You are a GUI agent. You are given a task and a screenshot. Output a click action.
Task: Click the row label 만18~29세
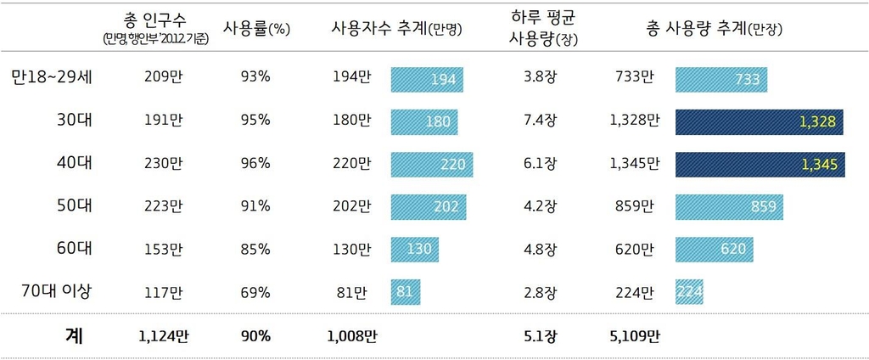[x=53, y=77]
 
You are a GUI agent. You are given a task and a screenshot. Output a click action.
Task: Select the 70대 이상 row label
[x=56, y=292]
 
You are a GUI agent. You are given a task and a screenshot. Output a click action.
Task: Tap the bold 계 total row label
[x=73, y=335]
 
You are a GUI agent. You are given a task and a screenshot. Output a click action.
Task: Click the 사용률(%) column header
[x=256, y=29]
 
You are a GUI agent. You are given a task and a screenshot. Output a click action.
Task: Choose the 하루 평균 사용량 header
[x=541, y=29]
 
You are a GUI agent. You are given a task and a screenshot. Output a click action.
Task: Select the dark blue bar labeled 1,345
[x=760, y=164]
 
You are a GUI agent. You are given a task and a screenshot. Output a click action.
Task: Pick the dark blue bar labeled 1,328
[x=760, y=121]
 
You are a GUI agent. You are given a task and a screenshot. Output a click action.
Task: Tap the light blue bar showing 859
[x=729, y=207]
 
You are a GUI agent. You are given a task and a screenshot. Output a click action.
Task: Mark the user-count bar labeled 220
[x=431, y=164]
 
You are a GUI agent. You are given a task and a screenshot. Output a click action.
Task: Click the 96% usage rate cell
[x=255, y=164]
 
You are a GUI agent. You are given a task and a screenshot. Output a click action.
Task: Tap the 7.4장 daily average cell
[x=540, y=121]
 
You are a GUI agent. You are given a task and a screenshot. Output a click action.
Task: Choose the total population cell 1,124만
[x=164, y=336]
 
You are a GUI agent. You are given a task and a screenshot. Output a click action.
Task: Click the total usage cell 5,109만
[x=634, y=336]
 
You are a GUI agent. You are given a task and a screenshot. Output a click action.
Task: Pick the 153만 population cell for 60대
[x=164, y=250]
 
